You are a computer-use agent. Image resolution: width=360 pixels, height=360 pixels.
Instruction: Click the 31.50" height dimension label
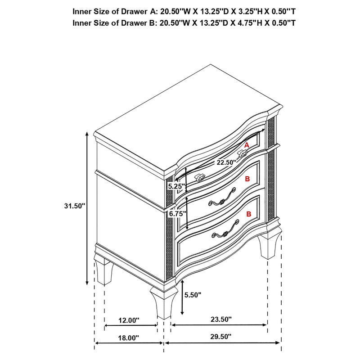pyautogui.click(x=75, y=206)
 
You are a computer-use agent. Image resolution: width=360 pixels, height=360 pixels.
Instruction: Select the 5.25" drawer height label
pyautogui.click(x=175, y=185)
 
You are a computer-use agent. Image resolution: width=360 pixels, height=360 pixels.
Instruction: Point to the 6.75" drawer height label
pyautogui.click(x=176, y=214)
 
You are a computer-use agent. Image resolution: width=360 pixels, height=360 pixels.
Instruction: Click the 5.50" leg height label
pyautogui.click(x=193, y=295)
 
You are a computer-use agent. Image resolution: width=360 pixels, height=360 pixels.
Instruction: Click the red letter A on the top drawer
pyautogui.click(x=247, y=145)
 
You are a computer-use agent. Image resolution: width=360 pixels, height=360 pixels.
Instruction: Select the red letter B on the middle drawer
pyautogui.click(x=247, y=179)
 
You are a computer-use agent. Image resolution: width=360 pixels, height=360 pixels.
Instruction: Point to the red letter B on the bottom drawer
pyautogui.click(x=248, y=214)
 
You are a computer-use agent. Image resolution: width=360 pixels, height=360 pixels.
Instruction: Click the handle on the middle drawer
pyautogui.click(x=222, y=199)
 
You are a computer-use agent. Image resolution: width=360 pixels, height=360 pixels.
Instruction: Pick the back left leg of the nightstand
pyautogui.click(x=104, y=271)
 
